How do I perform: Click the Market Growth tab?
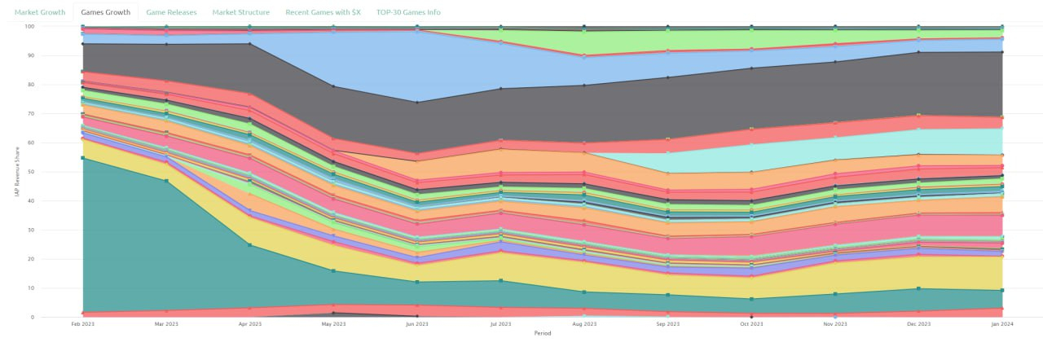pos(39,12)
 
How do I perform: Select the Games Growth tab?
pos(105,12)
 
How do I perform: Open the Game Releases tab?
pos(171,12)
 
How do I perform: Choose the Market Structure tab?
pos(241,12)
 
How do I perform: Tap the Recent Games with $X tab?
pos(323,12)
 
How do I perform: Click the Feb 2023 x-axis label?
pos(82,324)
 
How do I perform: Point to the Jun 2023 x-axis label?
pos(417,324)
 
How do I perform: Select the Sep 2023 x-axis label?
pos(667,324)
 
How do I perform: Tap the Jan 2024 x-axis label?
pos(1001,324)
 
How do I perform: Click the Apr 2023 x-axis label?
pos(249,324)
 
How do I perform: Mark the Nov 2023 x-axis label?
pos(834,324)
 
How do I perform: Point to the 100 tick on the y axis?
pos(29,27)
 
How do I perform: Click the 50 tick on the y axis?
pos(30,172)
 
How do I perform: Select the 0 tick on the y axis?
pos(32,318)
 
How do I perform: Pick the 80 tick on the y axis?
pos(30,85)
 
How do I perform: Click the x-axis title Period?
pos(543,333)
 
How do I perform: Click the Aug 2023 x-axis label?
pos(584,324)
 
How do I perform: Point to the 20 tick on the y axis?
pos(30,259)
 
